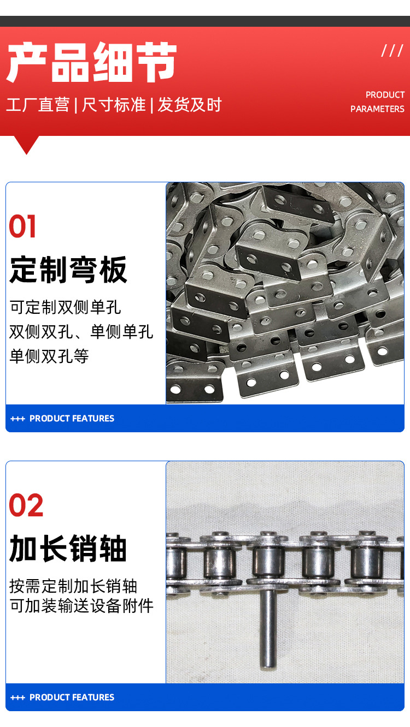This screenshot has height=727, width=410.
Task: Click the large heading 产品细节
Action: click(x=91, y=62)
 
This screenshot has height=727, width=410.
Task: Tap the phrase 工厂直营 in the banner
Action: click(x=38, y=105)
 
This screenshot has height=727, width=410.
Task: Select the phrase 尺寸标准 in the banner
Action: click(x=114, y=105)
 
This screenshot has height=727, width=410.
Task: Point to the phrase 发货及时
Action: click(x=190, y=105)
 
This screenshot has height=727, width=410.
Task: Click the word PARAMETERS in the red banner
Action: click(x=377, y=109)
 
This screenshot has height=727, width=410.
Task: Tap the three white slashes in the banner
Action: click(x=393, y=50)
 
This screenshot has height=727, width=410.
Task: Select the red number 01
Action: click(x=22, y=227)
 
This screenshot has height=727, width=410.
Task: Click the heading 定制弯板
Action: click(x=68, y=270)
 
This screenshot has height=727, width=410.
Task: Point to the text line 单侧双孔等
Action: click(x=49, y=356)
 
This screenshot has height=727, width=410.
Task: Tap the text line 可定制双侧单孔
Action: click(x=66, y=307)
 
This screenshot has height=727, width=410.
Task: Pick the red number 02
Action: click(x=26, y=505)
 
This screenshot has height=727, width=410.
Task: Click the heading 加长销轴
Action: click(x=68, y=549)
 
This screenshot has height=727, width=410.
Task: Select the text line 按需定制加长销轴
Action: click(x=73, y=586)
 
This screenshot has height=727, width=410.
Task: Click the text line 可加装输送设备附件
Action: click(x=81, y=606)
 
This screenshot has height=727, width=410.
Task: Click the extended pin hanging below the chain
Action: click(x=268, y=629)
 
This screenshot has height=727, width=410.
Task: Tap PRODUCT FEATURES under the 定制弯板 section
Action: click(x=72, y=418)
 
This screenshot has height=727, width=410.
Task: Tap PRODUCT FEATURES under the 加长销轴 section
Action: click(x=72, y=697)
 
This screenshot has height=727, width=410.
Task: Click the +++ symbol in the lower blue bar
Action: click(x=17, y=698)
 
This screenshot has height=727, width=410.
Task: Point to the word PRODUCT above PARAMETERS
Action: click(x=385, y=95)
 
